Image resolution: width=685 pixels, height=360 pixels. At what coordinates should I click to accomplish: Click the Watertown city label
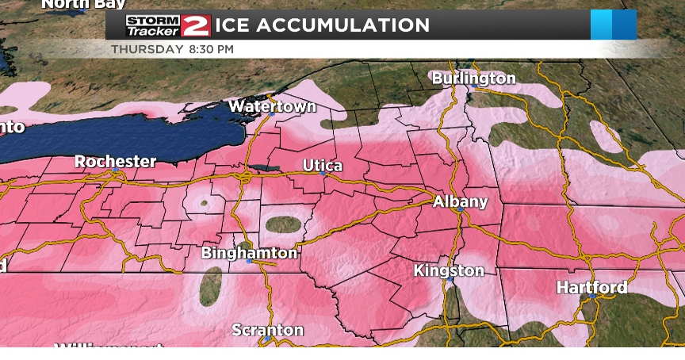[272, 105]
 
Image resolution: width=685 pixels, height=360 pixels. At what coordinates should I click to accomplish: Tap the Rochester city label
[115, 161]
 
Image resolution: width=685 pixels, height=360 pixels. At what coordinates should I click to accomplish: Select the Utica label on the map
[323, 165]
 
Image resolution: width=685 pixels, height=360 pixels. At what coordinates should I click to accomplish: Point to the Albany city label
[460, 201]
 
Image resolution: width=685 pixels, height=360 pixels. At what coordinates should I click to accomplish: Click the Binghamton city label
[249, 253]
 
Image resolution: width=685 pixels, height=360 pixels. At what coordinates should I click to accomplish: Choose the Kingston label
[449, 270]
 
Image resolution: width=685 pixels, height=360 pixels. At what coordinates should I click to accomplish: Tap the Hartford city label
[591, 287]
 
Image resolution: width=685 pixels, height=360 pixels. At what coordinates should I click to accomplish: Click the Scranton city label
[267, 330]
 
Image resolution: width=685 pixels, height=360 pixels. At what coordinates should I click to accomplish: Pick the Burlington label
[473, 78]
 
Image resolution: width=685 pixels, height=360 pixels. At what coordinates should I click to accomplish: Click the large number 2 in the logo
[195, 25]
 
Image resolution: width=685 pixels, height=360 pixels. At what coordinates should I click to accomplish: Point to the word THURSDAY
[147, 49]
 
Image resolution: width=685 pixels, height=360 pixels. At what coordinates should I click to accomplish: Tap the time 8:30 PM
[211, 49]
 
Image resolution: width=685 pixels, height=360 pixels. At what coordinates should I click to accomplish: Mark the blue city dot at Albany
[458, 212]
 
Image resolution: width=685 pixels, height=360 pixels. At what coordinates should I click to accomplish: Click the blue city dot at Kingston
[449, 280]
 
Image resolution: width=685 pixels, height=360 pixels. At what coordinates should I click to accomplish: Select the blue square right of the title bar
[613, 25]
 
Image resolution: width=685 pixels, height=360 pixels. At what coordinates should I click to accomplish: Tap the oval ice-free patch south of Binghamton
[211, 286]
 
